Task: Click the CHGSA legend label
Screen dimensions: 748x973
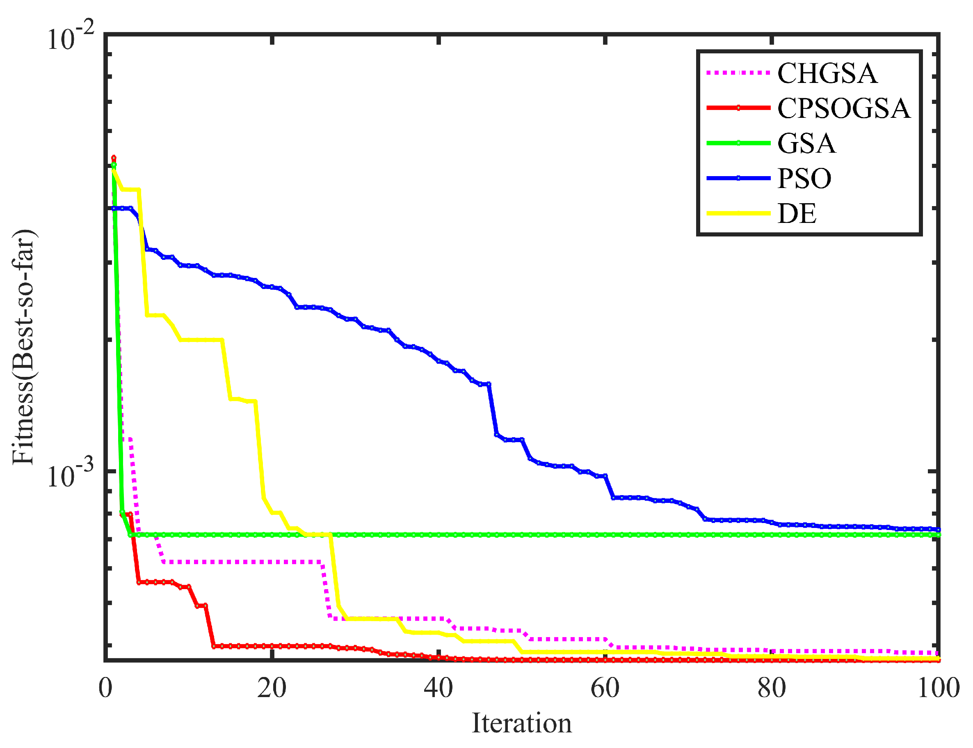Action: tap(826, 73)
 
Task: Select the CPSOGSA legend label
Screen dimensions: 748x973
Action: tap(843, 108)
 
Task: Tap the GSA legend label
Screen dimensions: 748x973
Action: tap(806, 143)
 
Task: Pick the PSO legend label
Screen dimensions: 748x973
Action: tap(804, 179)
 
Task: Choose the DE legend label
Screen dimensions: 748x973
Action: tap(796, 214)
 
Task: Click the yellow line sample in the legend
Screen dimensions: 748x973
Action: tap(738, 213)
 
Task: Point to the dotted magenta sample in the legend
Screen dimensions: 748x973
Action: tap(738, 72)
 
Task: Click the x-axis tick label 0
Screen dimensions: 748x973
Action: tap(105, 688)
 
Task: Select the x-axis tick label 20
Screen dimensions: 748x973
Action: tap(272, 688)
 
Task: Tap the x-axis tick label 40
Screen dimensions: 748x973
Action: tap(438, 688)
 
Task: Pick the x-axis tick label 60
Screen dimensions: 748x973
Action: tap(605, 688)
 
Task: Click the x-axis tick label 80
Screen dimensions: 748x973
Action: tap(771, 688)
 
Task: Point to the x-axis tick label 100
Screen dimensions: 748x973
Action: tap(938, 688)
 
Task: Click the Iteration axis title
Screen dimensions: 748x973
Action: tap(521, 723)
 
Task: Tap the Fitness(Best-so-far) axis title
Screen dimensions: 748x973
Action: tap(23, 347)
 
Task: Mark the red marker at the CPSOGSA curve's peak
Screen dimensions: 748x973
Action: tap(114, 158)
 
